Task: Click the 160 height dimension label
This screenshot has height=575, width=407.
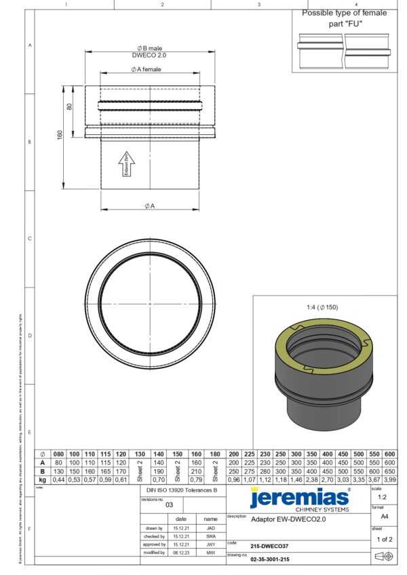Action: click(60, 135)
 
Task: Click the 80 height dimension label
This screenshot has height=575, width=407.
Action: click(69, 106)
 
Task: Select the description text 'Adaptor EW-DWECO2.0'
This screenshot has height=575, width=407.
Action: click(288, 520)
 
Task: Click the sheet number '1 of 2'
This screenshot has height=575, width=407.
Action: click(383, 539)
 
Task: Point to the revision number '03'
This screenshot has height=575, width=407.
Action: click(170, 504)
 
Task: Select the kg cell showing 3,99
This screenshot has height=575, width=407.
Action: click(389, 479)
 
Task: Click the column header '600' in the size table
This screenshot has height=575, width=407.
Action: click(389, 454)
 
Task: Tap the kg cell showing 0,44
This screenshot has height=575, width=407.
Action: click(58, 479)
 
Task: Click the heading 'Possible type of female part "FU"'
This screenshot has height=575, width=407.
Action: click(344, 18)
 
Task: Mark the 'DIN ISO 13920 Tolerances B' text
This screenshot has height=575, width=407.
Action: click(182, 489)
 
